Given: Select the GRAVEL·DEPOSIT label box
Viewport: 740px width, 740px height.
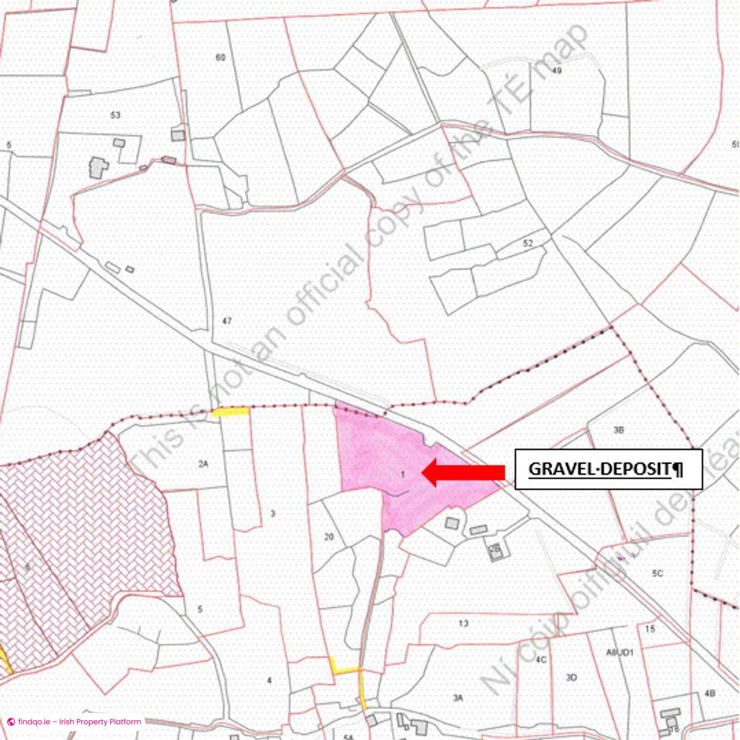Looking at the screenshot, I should point(608,469).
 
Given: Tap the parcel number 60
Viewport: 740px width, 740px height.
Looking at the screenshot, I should point(220,57).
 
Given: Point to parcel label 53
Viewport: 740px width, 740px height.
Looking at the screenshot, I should point(115,115).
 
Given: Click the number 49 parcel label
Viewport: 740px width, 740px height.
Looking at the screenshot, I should point(557,70).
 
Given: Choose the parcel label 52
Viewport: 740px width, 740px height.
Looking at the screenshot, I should point(527,243).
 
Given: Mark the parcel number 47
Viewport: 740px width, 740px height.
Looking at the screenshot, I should point(226,321).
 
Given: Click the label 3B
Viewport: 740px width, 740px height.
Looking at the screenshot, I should point(619,430).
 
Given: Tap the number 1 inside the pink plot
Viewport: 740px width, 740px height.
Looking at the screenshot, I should point(403,474).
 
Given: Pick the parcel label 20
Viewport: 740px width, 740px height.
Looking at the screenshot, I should point(329,536).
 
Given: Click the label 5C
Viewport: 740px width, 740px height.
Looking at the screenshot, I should point(657,573).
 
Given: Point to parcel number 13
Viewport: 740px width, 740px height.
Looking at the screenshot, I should point(464,623).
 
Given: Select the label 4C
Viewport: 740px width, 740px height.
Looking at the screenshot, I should point(541,659).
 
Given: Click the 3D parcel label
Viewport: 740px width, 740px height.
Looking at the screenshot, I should point(571,678).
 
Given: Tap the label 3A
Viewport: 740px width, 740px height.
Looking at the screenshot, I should point(458,697).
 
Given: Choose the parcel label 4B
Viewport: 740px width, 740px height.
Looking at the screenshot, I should point(710,693).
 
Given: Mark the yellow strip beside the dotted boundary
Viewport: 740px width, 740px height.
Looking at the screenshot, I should point(229,411).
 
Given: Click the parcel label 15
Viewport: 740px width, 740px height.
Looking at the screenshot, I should point(650,629).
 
